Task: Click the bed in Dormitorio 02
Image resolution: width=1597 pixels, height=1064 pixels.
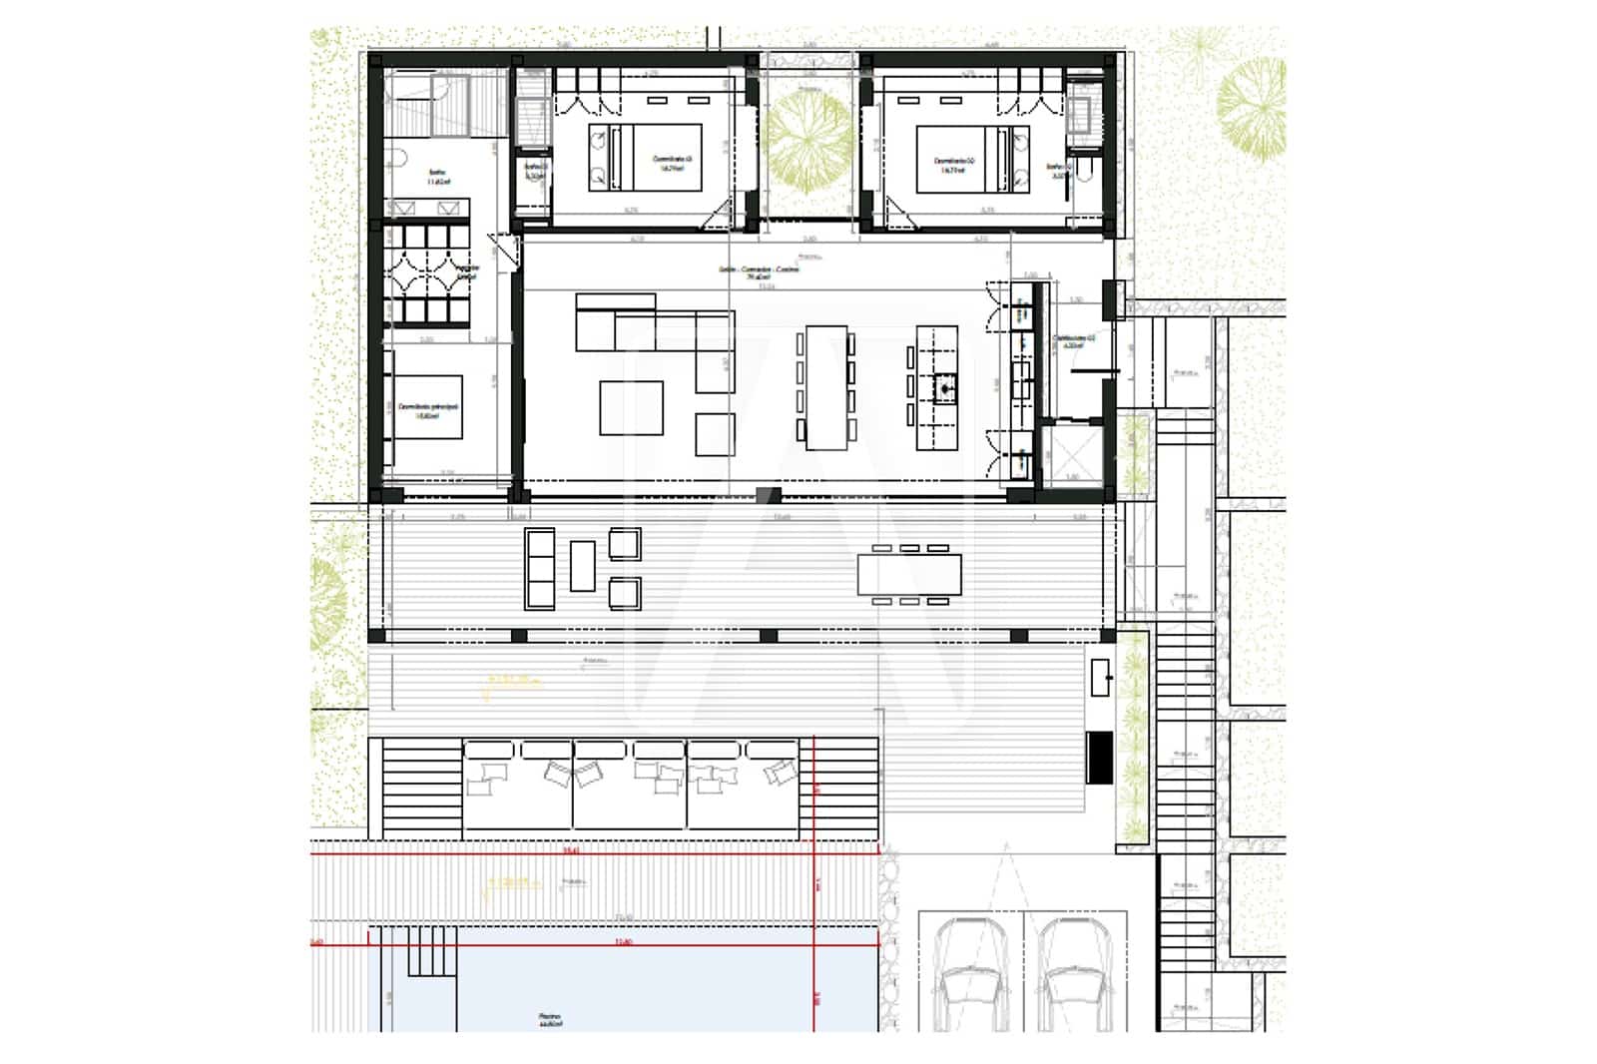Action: pyautogui.click(x=962, y=158)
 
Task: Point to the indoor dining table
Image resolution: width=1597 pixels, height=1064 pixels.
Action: pyautogui.click(x=825, y=387)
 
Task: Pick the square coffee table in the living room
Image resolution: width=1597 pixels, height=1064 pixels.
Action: pyautogui.click(x=631, y=407)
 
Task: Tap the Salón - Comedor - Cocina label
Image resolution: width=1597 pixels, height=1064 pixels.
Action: pyautogui.click(x=759, y=272)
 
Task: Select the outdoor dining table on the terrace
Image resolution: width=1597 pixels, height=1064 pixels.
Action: pyautogui.click(x=909, y=574)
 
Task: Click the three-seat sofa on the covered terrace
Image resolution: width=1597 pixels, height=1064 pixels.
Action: pyautogui.click(x=539, y=568)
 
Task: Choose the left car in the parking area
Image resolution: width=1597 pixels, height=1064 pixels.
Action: pyautogui.click(x=966, y=973)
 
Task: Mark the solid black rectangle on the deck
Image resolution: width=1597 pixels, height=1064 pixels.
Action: pyautogui.click(x=1099, y=758)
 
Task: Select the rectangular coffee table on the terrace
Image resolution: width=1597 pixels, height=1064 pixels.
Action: pyautogui.click(x=583, y=566)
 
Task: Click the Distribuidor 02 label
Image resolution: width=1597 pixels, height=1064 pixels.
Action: pyautogui.click(x=1074, y=342)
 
